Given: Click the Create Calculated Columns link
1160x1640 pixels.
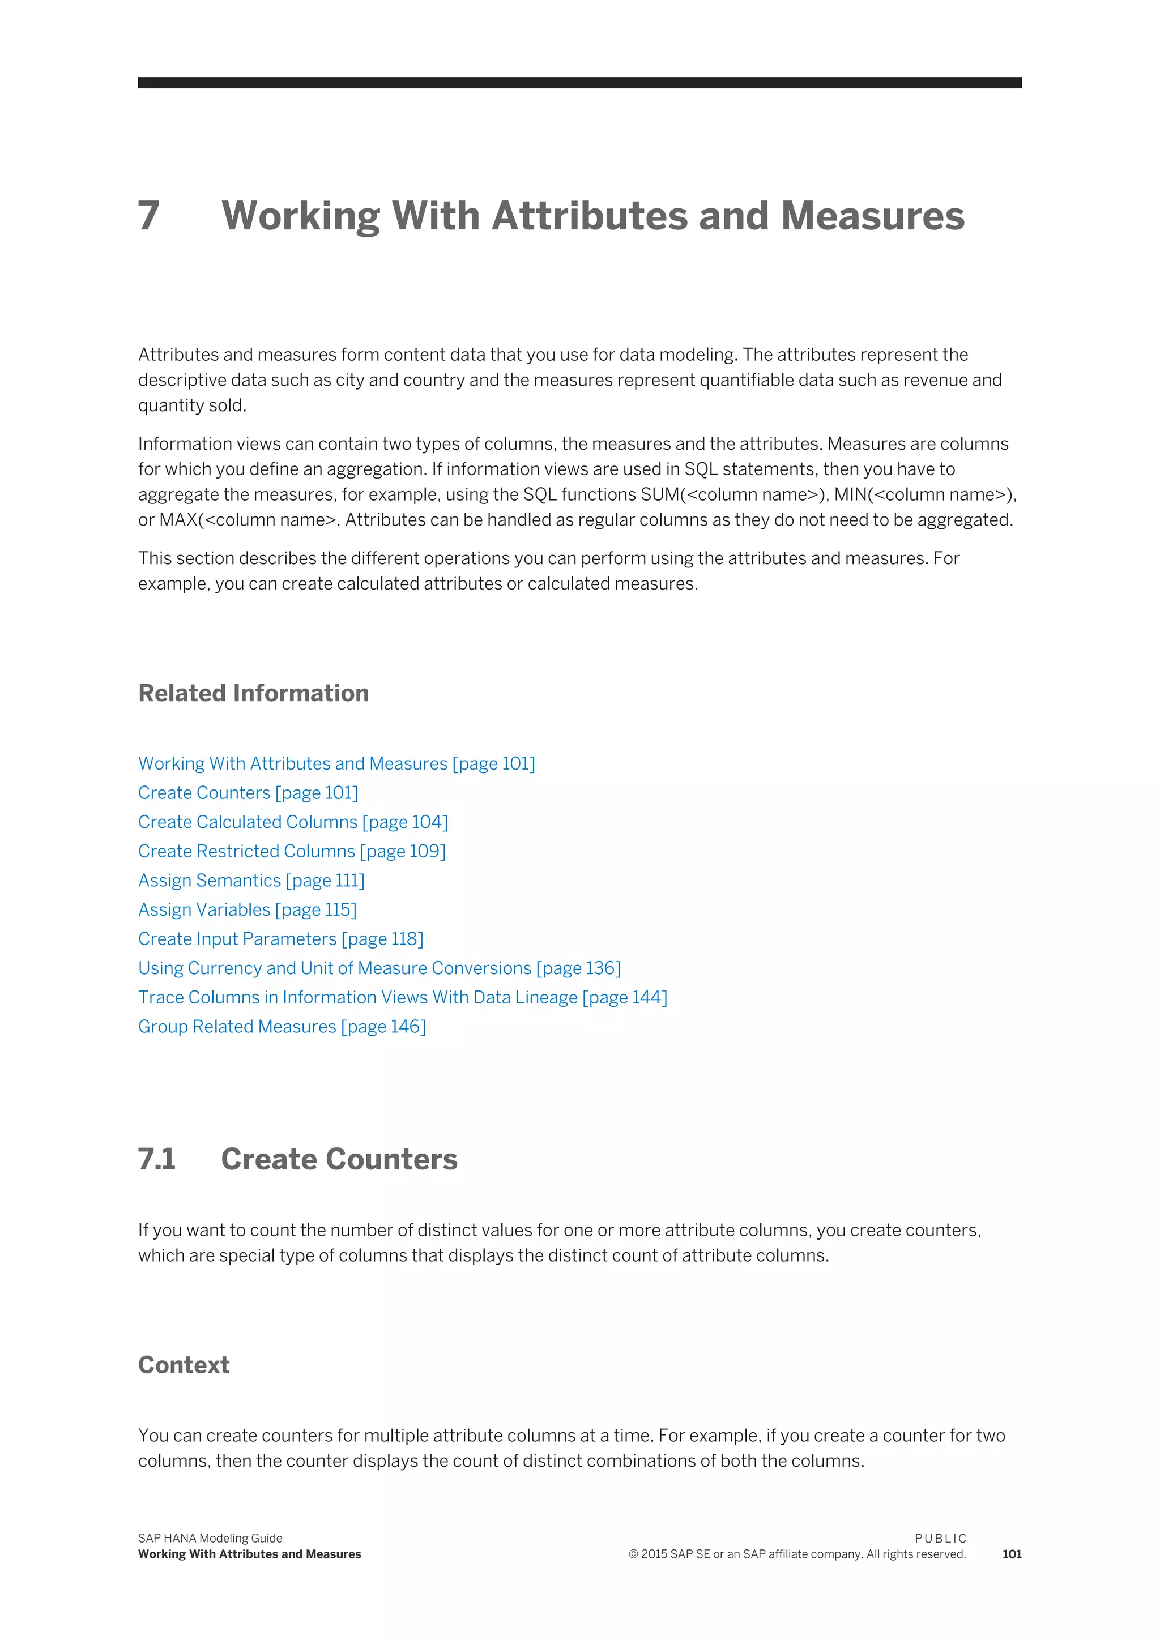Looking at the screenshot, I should tap(293, 822).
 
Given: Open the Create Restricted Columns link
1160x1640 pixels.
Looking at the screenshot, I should tap(292, 851).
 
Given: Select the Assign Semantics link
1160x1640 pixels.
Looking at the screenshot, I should tap(251, 881).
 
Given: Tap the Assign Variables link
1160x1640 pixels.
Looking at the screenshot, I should tap(247, 910).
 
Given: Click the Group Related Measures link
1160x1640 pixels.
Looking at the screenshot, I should tap(282, 1027).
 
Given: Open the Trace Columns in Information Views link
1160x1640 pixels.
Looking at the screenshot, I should tap(402, 998).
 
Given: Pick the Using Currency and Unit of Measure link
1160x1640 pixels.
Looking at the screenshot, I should tap(379, 968).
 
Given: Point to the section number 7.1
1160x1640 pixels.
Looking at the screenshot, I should tap(156, 1159).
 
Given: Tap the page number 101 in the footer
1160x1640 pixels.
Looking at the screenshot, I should tap(1012, 1554).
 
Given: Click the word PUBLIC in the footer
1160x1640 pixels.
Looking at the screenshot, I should tap(940, 1539).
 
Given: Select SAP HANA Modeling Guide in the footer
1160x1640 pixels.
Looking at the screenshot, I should tap(210, 1539).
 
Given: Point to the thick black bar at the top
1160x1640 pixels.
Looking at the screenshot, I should tap(579, 83).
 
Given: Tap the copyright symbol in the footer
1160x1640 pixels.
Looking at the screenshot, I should tap(633, 1554).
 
